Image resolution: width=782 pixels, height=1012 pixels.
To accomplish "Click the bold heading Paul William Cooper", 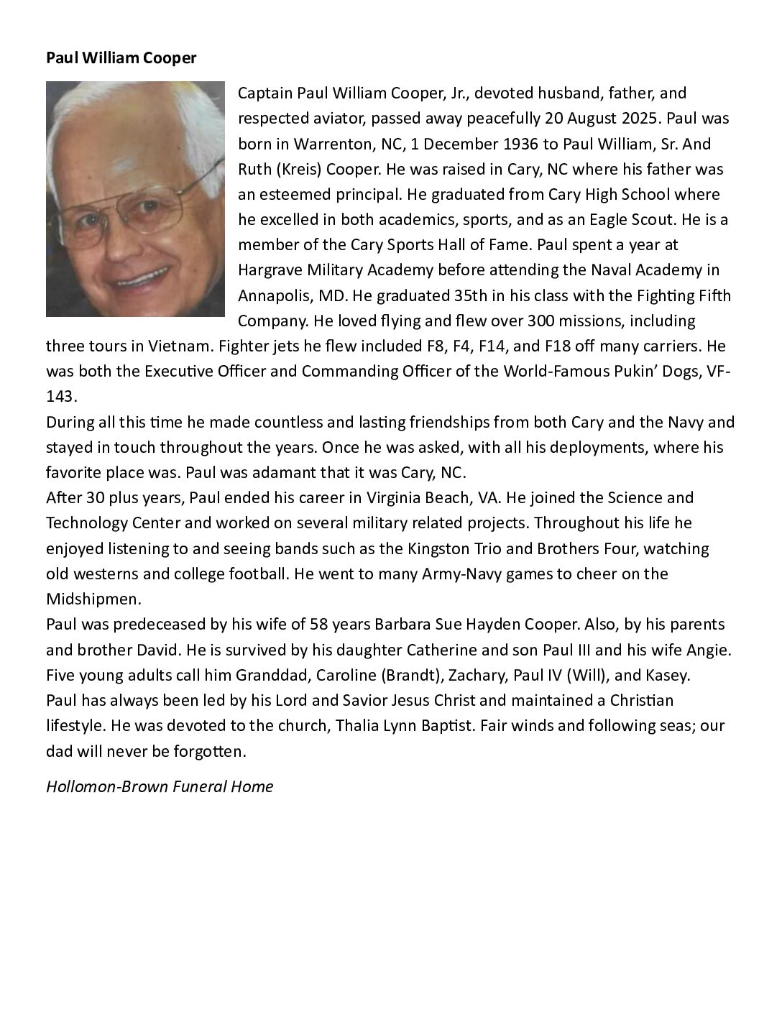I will (x=121, y=58).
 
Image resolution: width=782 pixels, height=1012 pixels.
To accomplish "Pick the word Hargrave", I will (x=270, y=270).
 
